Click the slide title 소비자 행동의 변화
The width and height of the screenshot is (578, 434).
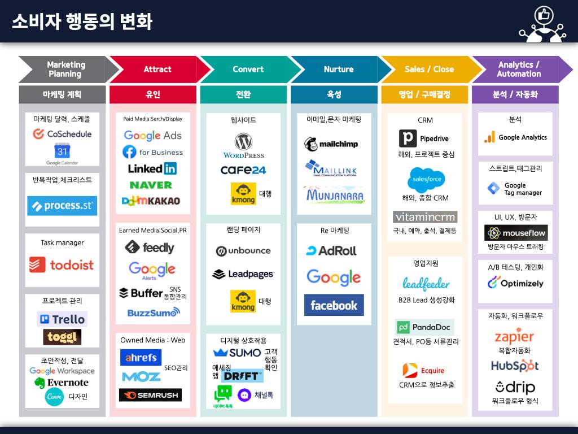click(82, 21)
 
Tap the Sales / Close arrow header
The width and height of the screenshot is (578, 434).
click(429, 70)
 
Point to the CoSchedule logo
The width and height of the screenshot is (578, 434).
click(62, 134)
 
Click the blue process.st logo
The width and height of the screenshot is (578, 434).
click(62, 206)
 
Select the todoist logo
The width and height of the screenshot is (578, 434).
click(62, 264)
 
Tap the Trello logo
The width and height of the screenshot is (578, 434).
click(62, 319)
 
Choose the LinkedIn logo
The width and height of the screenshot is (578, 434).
click(152, 168)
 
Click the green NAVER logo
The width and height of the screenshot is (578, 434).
click(151, 185)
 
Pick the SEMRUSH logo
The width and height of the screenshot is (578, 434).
click(150, 395)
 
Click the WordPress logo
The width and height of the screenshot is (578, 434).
click(243, 146)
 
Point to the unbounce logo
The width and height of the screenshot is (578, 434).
click(243, 251)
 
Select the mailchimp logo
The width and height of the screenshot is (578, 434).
click(331, 144)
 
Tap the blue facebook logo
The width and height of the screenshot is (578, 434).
click(334, 305)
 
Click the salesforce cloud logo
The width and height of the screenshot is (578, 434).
click(426, 180)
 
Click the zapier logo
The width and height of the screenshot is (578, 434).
click(514, 337)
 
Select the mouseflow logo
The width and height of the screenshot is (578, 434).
click(516, 233)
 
